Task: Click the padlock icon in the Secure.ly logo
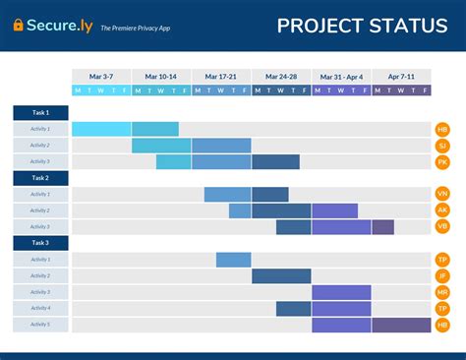pos(19,26)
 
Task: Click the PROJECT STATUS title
pos(362,26)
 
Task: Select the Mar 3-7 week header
pos(101,76)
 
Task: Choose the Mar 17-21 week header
pos(221,76)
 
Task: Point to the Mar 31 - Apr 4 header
pos(341,76)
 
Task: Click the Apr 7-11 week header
pos(401,76)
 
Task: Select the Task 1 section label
pos(40,112)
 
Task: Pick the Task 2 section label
pos(40,178)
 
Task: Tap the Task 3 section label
pos(40,242)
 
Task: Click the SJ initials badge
pos(442,146)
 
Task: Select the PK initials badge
pos(442,161)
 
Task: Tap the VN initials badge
pos(442,194)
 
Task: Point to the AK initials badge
pos(442,210)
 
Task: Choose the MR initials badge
pos(442,292)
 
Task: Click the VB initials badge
pos(442,226)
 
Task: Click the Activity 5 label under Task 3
pos(40,324)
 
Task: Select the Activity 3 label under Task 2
pos(40,226)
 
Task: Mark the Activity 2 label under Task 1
pos(40,146)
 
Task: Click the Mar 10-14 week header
pos(161,76)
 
